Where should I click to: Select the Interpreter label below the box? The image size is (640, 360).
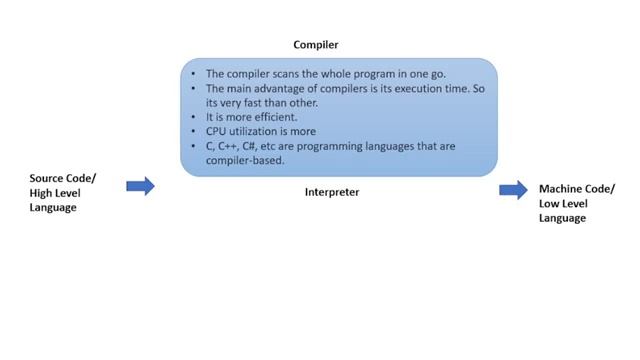(x=331, y=192)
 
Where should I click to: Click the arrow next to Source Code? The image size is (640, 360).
(x=141, y=186)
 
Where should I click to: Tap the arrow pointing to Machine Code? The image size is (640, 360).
(x=513, y=191)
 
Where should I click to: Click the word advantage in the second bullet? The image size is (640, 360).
(x=276, y=88)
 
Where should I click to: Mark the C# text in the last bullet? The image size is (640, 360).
(x=250, y=146)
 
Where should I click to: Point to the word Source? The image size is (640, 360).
(x=48, y=178)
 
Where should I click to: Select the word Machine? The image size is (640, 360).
(x=563, y=189)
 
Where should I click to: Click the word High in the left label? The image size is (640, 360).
(x=43, y=192)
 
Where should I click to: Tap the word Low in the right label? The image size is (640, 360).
(x=550, y=203)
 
